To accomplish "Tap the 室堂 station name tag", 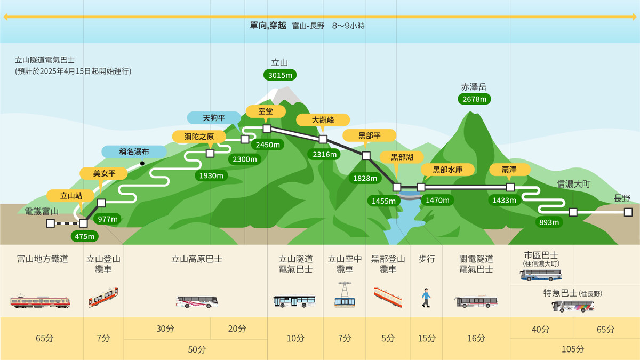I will coord(266,111).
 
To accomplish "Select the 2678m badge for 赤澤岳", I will coord(474,99).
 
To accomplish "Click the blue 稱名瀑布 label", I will coord(134,152).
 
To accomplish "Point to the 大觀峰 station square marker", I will coord(323,139).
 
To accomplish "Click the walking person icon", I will coord(426,298).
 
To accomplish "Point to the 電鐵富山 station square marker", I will coord(50,223).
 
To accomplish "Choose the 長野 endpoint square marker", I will coord(628,212).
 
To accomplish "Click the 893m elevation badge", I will coord(549,222).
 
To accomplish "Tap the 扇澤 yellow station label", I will coord(509,170).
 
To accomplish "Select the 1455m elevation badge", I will coord(383,201).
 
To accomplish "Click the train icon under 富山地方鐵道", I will coord(41,301).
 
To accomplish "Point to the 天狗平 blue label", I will coord(214,117).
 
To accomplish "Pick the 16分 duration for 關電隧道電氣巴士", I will coord(476,338).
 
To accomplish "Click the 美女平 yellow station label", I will coord(104,173).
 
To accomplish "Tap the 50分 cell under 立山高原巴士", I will coord(196,349).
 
